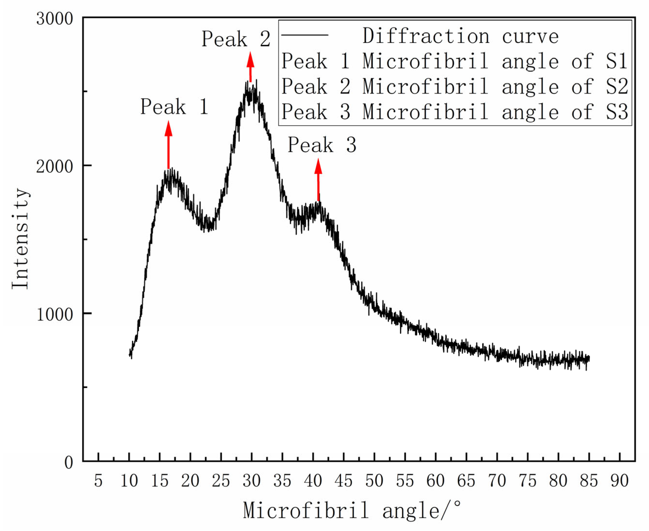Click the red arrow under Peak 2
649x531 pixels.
250,67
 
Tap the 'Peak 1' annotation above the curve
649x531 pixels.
174,107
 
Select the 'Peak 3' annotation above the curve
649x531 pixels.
322,145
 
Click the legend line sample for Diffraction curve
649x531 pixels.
304,35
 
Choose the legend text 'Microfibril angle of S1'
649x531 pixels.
495,61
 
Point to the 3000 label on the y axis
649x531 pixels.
55,19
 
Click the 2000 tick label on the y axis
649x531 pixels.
55,167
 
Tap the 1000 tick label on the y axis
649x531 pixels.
55,314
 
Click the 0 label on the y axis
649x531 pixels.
69,463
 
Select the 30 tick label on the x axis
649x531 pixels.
252,481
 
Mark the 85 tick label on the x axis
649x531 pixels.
589,481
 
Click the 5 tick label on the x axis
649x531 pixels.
98,481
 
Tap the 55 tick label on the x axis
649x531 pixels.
405,481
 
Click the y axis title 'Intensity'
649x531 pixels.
20,239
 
